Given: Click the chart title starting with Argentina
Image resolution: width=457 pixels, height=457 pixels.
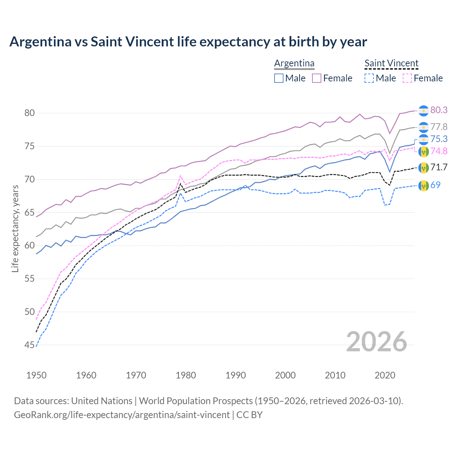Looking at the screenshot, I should click(x=188, y=42).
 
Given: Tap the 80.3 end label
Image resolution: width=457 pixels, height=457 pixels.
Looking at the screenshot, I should click(x=439, y=110).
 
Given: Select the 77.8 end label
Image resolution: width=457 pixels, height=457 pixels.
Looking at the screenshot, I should click(x=439, y=127).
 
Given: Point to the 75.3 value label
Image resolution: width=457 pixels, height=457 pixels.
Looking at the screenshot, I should click(x=439, y=139).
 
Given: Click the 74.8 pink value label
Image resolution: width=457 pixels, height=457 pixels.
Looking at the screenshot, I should click(x=439, y=151).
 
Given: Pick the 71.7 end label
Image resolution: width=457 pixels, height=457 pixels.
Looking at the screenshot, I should click(x=439, y=167).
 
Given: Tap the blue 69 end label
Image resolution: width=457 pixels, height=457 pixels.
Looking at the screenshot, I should click(x=436, y=185).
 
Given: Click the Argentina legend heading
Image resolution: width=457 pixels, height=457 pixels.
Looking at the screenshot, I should click(x=294, y=64).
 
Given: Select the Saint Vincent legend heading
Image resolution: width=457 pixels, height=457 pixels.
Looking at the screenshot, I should click(x=391, y=64).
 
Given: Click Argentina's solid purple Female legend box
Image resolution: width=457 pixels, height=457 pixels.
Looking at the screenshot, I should click(x=317, y=78).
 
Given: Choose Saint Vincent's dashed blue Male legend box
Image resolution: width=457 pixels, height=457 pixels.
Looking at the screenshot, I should click(x=369, y=78).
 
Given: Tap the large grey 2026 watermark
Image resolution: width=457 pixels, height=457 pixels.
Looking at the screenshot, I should click(x=377, y=342).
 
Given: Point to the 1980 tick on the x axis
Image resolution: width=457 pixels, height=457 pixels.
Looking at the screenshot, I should click(x=186, y=375).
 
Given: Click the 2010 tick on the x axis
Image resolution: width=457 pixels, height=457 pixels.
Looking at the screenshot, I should click(x=335, y=375).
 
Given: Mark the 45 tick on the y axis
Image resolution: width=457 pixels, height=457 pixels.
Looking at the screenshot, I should click(x=30, y=345).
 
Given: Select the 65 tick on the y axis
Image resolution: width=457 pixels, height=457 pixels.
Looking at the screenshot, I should click(x=30, y=213).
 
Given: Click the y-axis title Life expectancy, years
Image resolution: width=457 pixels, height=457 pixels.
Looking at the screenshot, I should click(x=15, y=228).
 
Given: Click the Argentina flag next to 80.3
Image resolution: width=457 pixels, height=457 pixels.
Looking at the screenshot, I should click(x=423, y=111).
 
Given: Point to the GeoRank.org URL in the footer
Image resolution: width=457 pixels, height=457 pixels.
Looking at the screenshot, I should click(x=122, y=415).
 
